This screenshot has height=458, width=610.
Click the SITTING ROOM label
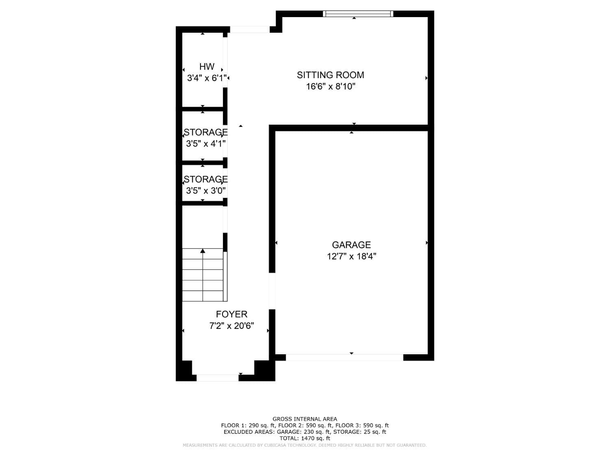click(x=330, y=75)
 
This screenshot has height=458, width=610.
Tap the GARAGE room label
click(x=351, y=245)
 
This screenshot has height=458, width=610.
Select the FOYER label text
click(x=231, y=314)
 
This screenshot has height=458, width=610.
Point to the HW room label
click(x=207, y=67)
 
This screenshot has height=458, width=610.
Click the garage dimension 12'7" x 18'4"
click(x=351, y=256)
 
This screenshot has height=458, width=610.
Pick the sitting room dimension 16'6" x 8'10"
click(x=331, y=86)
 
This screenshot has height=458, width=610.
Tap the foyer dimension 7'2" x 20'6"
click(x=231, y=326)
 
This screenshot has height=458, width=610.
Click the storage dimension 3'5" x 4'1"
click(x=206, y=143)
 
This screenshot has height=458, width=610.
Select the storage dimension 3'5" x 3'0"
click(x=206, y=191)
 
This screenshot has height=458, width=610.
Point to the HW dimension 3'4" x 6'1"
click(x=207, y=78)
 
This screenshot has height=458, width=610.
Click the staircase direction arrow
click(x=203, y=251)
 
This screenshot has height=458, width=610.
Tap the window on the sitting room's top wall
click(x=358, y=14)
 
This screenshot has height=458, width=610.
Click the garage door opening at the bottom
click(x=344, y=357)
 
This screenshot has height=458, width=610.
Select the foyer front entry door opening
click(x=218, y=378)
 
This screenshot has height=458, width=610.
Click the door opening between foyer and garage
click(x=272, y=291)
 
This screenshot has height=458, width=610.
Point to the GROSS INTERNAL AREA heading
click(x=305, y=419)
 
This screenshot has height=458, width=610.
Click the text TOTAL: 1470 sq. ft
click(x=305, y=438)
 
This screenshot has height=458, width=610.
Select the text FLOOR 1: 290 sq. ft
click(x=248, y=425)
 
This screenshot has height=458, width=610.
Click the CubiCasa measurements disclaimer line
click(x=305, y=445)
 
